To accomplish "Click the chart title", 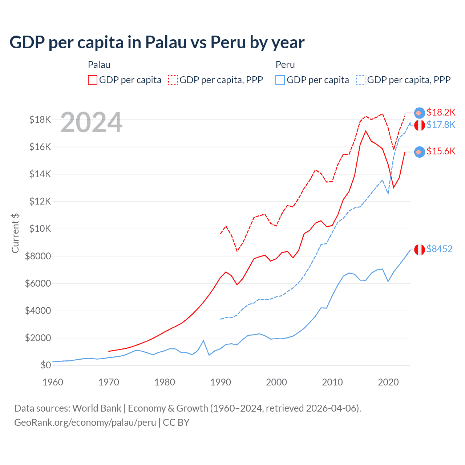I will (x=157, y=43).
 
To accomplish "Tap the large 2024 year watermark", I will (x=91, y=122).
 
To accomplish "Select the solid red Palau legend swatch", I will (x=93, y=80).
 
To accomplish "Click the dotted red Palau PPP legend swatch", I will (x=173, y=80).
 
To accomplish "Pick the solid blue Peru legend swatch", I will (x=280, y=80).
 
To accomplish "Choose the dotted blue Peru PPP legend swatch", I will (x=361, y=80).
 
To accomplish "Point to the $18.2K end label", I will (x=441, y=112).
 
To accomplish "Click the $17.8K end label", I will (x=441, y=125).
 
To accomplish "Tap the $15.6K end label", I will (x=441, y=151).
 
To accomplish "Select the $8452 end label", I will (x=439, y=249).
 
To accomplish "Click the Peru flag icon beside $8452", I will (x=420, y=250).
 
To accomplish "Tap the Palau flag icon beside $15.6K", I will (x=420, y=152).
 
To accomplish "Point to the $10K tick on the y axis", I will (x=41, y=229).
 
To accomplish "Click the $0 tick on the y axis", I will (x=46, y=365).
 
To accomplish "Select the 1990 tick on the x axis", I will (x=221, y=382).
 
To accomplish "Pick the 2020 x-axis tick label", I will (x=388, y=382).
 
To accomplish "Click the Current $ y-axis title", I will (x=15, y=233).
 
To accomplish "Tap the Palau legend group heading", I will (x=99, y=65).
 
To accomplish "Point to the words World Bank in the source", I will (x=97, y=408).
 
